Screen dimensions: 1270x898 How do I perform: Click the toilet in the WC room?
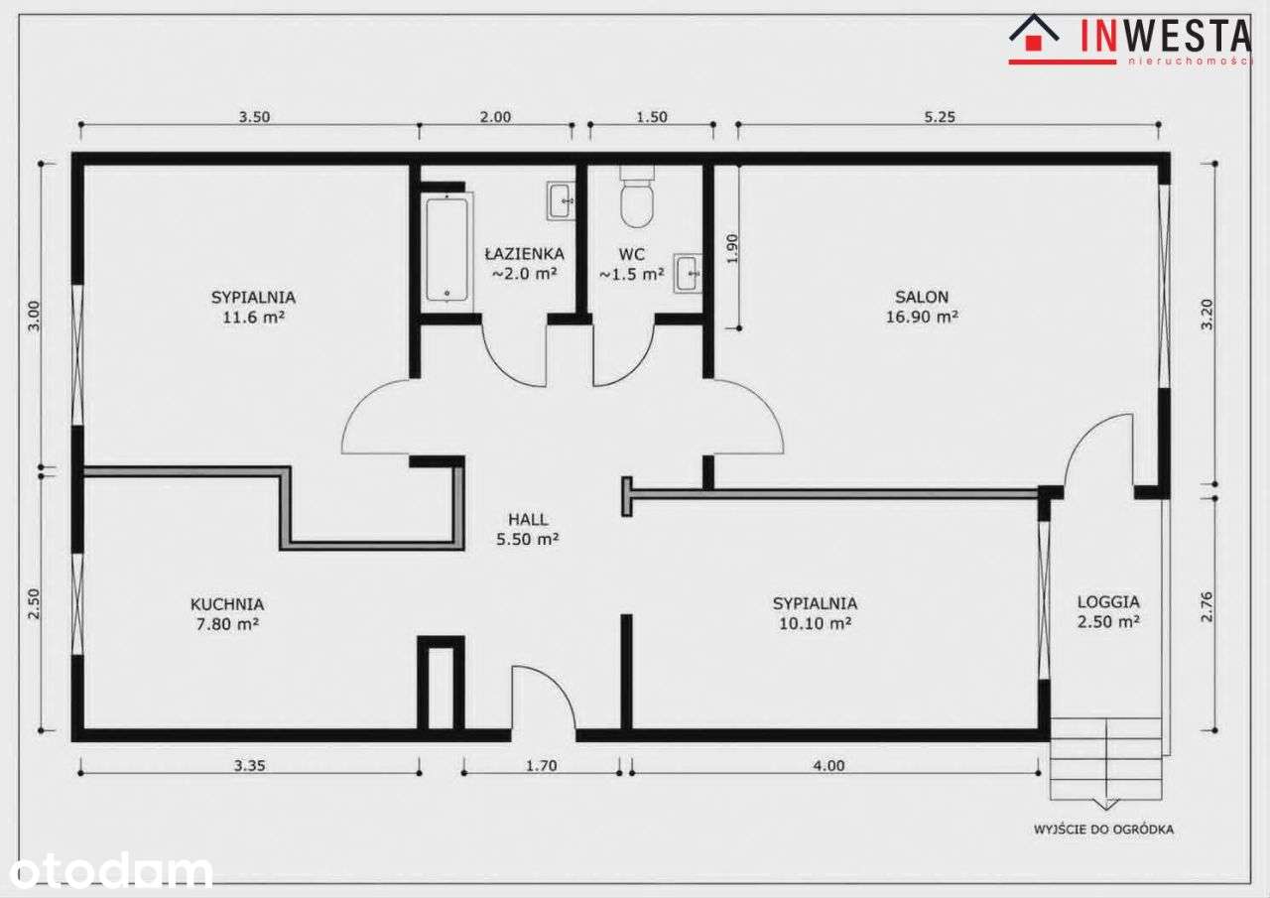(637, 196)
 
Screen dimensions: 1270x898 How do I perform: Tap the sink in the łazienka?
(561, 200)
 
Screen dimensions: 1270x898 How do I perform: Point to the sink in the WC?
(688, 273)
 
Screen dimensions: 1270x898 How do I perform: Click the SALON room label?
(922, 297)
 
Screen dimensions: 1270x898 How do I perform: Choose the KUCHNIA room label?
(227, 604)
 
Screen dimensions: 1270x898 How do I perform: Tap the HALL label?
(528, 519)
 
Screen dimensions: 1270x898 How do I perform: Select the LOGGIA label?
(1108, 601)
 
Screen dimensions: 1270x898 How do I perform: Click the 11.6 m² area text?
(253, 317)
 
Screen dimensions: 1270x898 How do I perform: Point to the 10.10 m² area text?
(815, 623)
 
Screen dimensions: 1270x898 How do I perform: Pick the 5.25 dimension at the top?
(940, 117)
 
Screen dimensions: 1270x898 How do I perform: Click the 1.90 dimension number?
(732, 248)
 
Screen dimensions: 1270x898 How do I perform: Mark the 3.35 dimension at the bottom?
(249, 765)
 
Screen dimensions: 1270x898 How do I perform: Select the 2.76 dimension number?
(1206, 606)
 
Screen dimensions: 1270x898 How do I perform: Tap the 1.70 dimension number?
(542, 765)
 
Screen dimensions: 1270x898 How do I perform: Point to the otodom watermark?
(110, 870)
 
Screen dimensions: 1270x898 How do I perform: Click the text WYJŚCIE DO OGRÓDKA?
(1103, 830)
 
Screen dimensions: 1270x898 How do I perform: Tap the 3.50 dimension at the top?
(253, 117)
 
